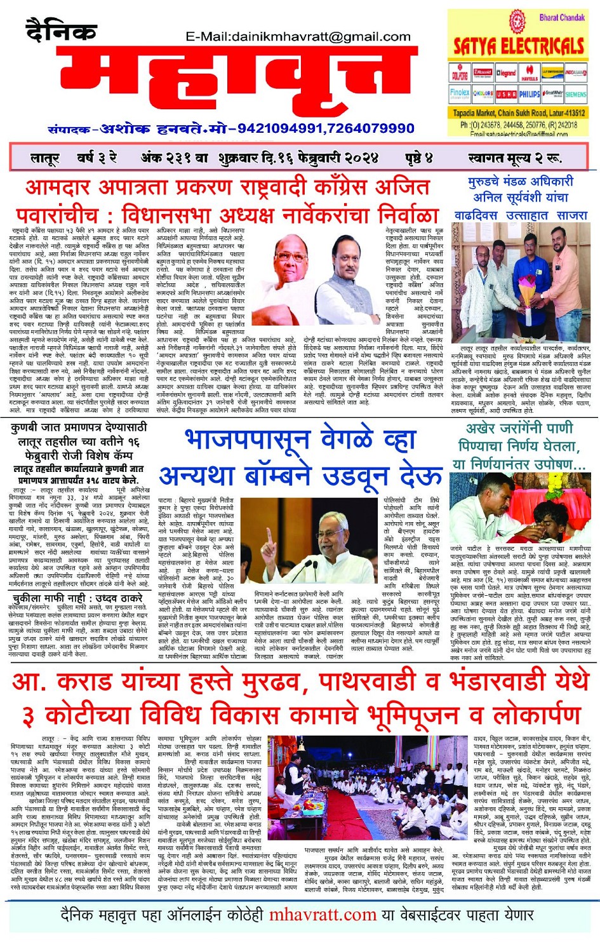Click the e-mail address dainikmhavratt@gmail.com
point(298,37)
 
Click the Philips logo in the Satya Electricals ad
point(530,94)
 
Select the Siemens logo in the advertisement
point(575,94)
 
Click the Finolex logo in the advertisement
point(460,93)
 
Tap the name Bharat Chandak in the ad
point(561,17)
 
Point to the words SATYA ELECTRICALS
point(518,46)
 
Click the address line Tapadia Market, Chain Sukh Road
point(518,113)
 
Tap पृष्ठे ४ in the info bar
point(419,158)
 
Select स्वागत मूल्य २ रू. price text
point(514,158)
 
